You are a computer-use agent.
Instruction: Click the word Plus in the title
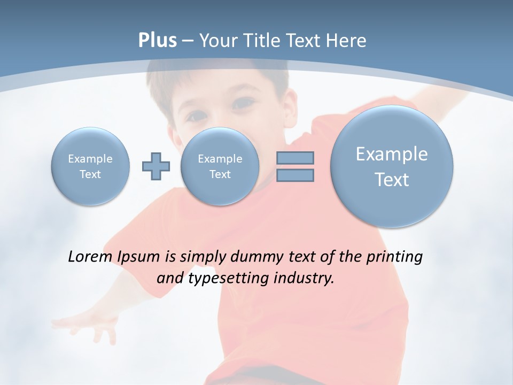157,41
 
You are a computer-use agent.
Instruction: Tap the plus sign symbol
156,166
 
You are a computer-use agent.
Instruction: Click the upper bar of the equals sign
295,158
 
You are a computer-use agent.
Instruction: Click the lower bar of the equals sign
295,175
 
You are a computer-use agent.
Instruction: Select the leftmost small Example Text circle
90,166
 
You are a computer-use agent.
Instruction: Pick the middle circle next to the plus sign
220,166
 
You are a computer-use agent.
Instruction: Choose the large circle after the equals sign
392,166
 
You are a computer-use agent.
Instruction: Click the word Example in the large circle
392,154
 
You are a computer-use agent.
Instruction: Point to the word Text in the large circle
392,180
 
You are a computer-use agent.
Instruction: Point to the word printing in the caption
394,257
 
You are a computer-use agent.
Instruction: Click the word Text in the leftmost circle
90,174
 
